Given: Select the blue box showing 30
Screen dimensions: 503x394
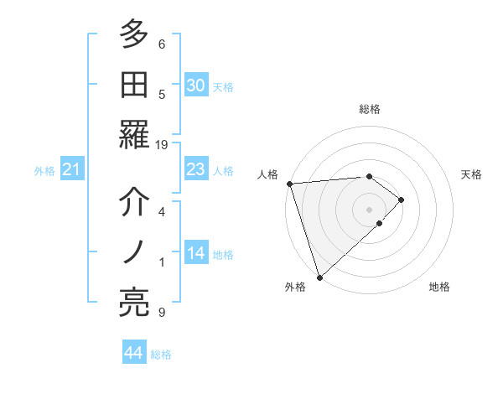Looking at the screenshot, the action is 195,86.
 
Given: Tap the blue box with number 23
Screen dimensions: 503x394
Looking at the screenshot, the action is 195,170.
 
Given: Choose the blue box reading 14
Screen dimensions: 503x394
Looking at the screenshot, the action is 195,254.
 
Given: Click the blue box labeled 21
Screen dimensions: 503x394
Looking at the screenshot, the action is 71,170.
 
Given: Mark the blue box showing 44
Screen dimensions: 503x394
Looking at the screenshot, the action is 133,353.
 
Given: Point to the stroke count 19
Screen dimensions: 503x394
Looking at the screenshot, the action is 162,145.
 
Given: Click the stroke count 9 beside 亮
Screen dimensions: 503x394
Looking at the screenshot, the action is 162,313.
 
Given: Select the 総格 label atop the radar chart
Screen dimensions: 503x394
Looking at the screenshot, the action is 370,109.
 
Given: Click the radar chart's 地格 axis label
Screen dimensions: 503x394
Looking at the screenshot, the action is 439,287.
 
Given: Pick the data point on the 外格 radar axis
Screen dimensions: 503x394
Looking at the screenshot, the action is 319,277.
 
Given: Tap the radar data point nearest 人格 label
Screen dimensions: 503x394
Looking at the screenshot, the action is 289,183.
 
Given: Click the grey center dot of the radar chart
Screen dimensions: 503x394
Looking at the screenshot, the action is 369,208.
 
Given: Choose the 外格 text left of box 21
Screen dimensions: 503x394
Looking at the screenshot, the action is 44,171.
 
